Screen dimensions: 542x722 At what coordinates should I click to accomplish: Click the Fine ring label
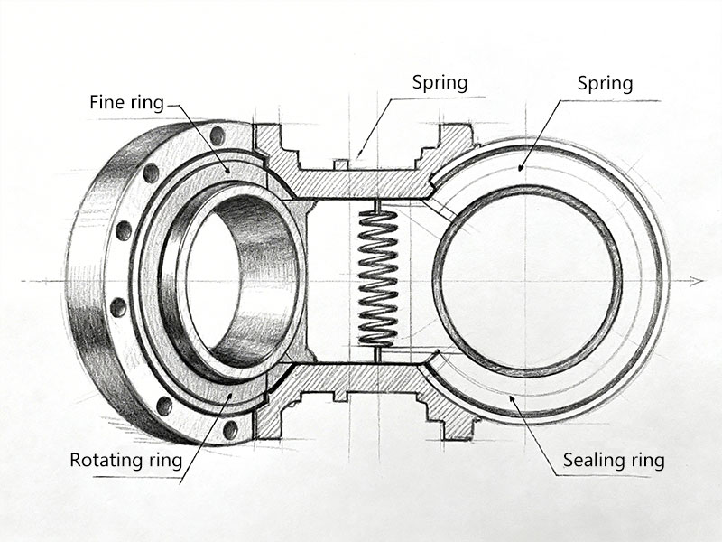tap(126, 102)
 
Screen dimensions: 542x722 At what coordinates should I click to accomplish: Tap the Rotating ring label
tap(125, 460)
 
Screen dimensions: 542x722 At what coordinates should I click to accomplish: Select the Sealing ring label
tap(614, 460)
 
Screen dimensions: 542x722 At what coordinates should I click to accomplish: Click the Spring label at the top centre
tap(440, 82)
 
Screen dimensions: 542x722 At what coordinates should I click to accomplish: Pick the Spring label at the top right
tap(605, 84)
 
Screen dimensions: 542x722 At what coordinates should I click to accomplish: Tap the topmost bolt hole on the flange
tap(217, 136)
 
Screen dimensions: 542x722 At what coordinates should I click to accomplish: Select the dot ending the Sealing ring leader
tap(512, 397)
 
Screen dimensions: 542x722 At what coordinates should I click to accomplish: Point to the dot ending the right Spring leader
tap(521, 168)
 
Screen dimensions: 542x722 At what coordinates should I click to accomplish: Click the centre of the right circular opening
tap(528, 280)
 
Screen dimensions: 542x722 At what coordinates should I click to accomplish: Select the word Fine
tap(106, 102)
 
